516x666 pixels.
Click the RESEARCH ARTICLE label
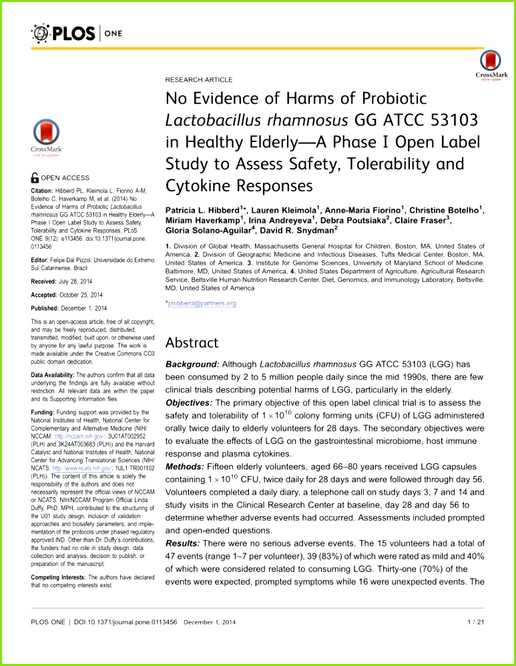click(x=199, y=79)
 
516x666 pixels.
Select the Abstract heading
click(x=192, y=343)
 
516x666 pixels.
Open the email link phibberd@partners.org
click(x=201, y=304)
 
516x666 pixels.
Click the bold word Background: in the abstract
click(x=192, y=365)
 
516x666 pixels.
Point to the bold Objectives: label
click(x=190, y=403)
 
